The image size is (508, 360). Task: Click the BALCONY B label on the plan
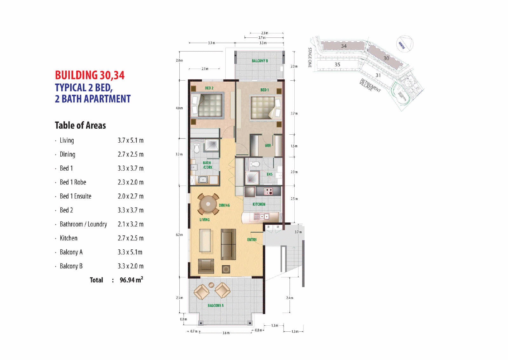260,61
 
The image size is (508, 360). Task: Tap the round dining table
208,204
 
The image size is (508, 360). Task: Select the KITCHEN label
259,204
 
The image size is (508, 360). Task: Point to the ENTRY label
252,240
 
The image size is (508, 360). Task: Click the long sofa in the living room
228,244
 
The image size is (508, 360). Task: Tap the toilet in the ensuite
255,164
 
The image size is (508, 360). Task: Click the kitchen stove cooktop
268,191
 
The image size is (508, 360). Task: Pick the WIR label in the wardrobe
268,146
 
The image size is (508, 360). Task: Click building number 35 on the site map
338,65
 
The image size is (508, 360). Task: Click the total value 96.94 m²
131,280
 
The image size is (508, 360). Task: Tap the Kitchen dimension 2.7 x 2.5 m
130,238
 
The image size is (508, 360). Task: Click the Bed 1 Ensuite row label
76,196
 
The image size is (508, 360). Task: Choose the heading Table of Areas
80,125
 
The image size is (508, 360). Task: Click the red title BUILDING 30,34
90,75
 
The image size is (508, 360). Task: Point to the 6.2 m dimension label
179,235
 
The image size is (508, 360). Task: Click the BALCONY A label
216,305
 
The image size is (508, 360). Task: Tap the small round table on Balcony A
211,284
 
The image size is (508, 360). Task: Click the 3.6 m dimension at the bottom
226,333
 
